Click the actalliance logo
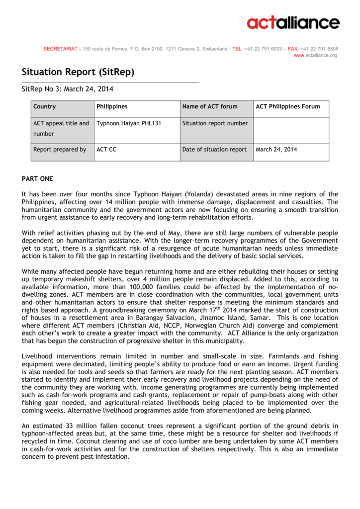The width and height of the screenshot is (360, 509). [293, 23]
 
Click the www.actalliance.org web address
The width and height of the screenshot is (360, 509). [315, 55]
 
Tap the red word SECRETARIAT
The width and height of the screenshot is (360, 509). [60, 49]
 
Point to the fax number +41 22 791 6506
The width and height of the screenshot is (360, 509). [319, 49]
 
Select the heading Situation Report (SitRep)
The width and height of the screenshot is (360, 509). [78, 72]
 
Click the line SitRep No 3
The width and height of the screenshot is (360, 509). [68, 89]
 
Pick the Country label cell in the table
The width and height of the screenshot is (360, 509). [44, 106]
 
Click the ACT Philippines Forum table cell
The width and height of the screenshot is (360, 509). [288, 106]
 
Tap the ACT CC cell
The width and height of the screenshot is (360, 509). [106, 149]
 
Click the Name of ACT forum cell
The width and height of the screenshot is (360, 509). [210, 106]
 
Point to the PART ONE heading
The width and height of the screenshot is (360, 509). [37, 178]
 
